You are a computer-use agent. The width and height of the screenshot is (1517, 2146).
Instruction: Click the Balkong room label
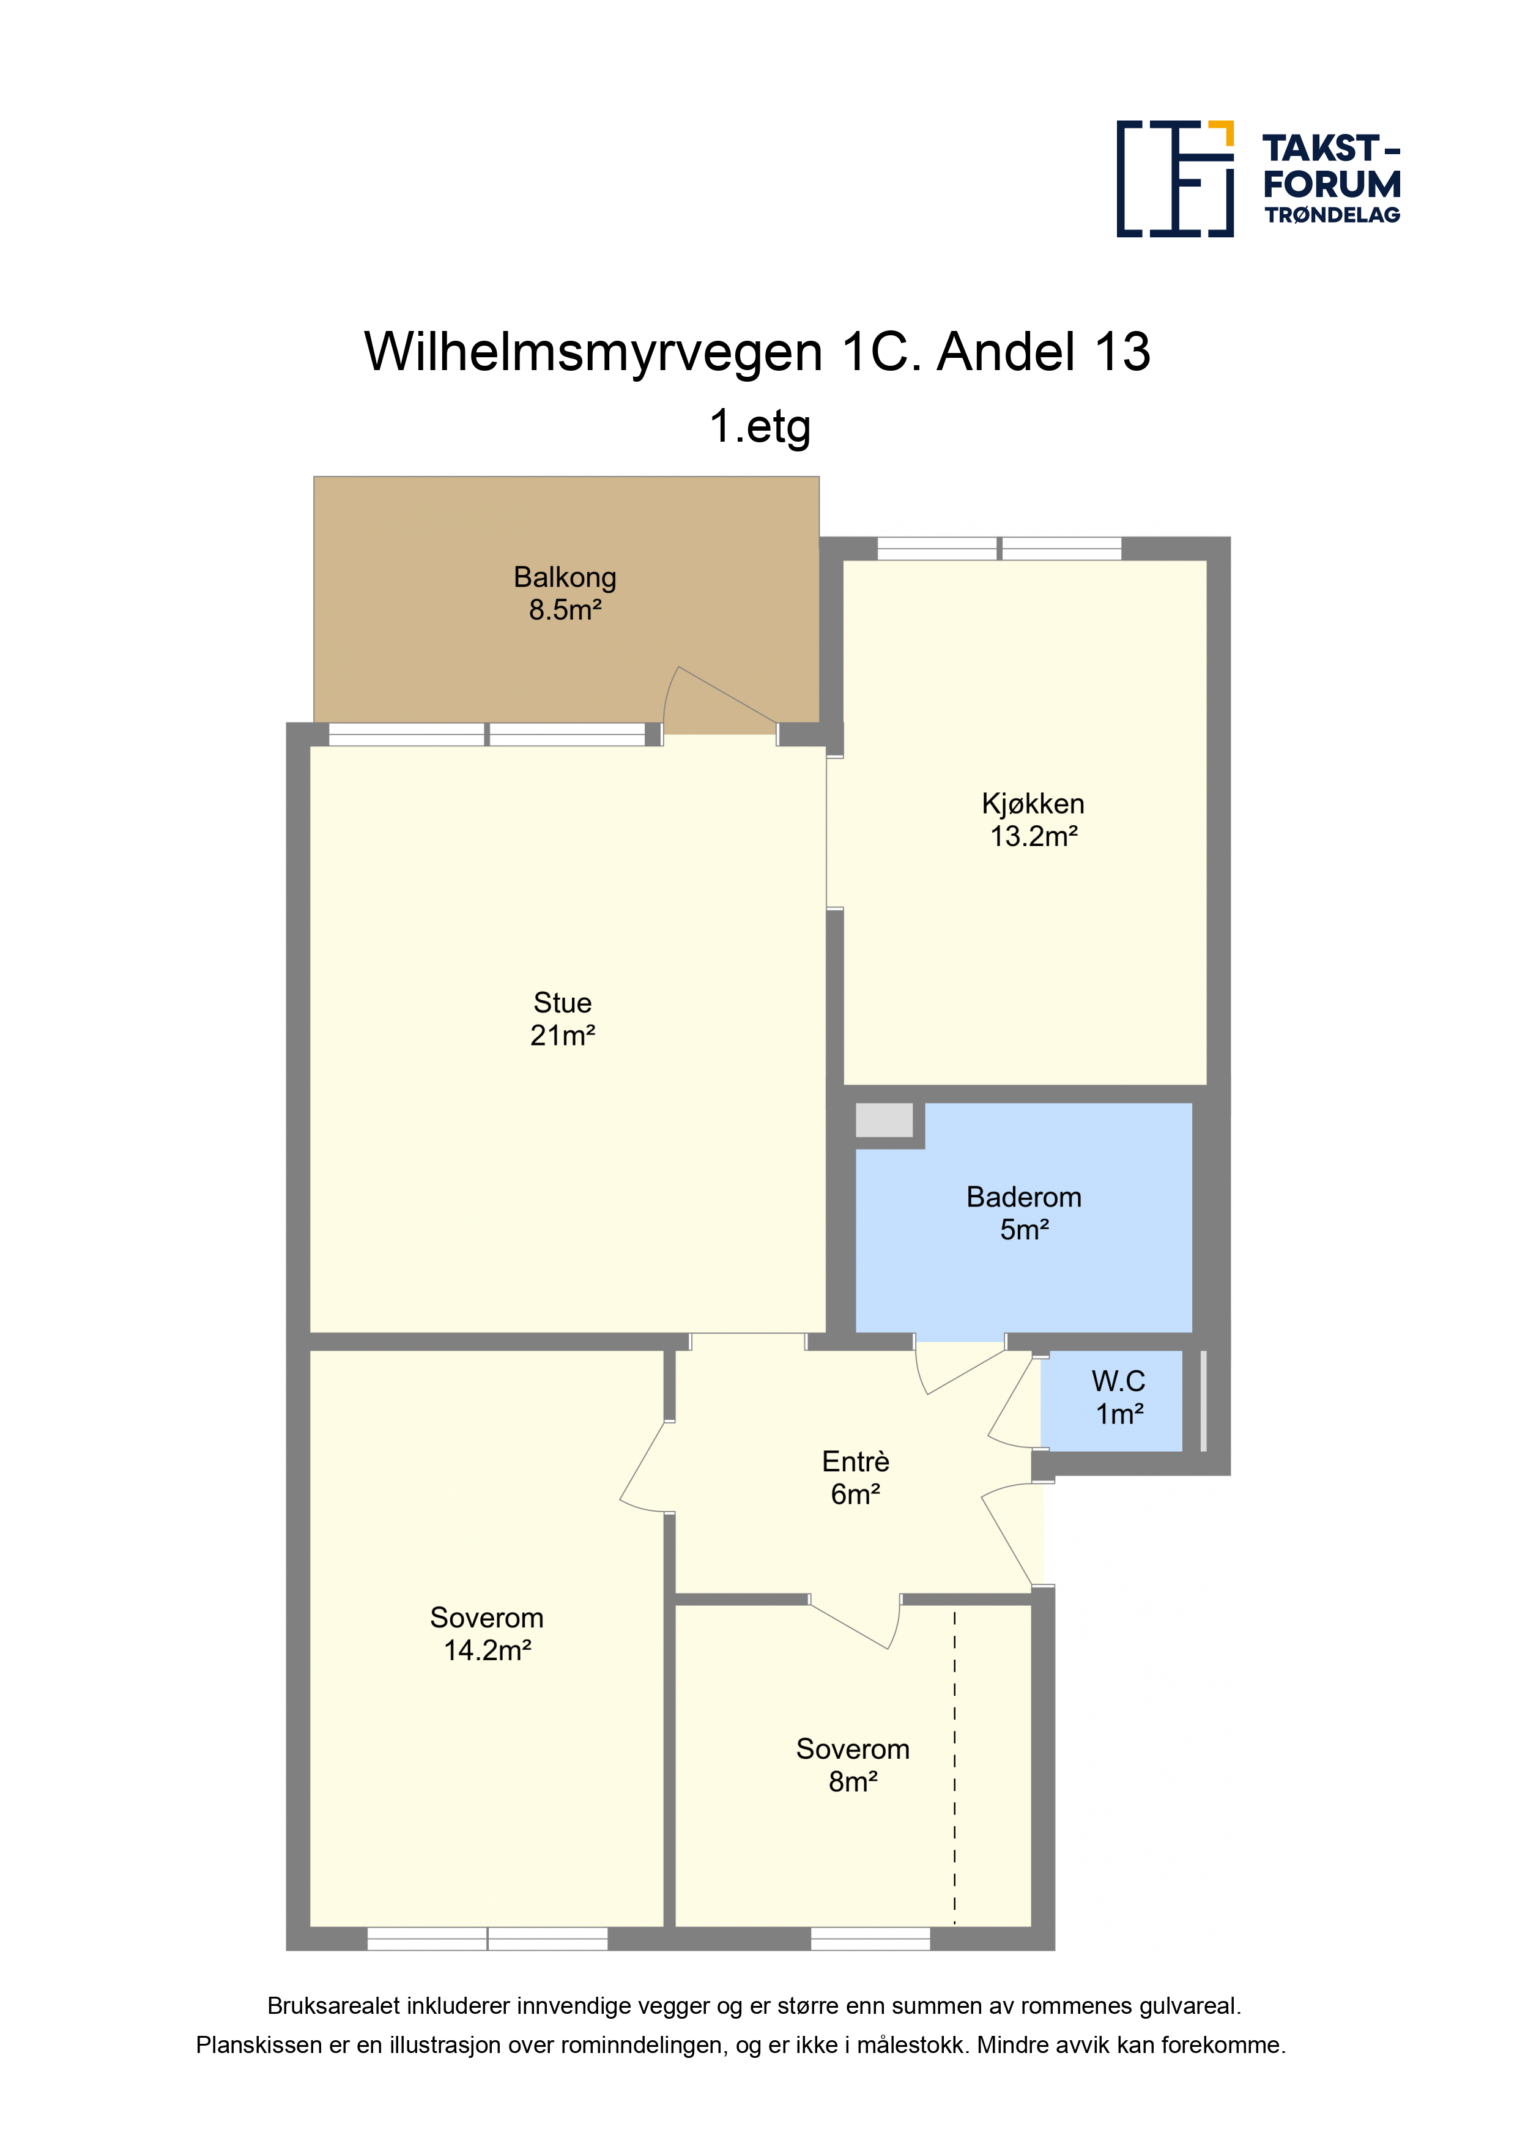pyautogui.click(x=565, y=593)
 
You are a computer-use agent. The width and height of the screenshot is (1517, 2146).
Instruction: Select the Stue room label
pyautogui.click(x=563, y=1019)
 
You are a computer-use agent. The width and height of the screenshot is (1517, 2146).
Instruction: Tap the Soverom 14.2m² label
pyautogui.click(x=487, y=1634)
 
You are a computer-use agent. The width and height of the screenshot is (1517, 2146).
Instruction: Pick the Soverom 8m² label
pyautogui.click(x=853, y=1765)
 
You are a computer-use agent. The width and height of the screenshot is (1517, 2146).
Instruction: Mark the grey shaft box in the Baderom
pyautogui.click(x=885, y=1119)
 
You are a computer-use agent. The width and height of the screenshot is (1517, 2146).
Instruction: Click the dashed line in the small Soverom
pyautogui.click(x=954, y=1767)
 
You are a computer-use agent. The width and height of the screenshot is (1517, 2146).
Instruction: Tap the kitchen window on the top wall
pyautogui.click(x=999, y=549)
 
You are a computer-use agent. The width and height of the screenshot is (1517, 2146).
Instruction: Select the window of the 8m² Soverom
pyautogui.click(x=870, y=1939)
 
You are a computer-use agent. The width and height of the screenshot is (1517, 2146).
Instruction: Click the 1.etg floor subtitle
pyautogui.click(x=759, y=426)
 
